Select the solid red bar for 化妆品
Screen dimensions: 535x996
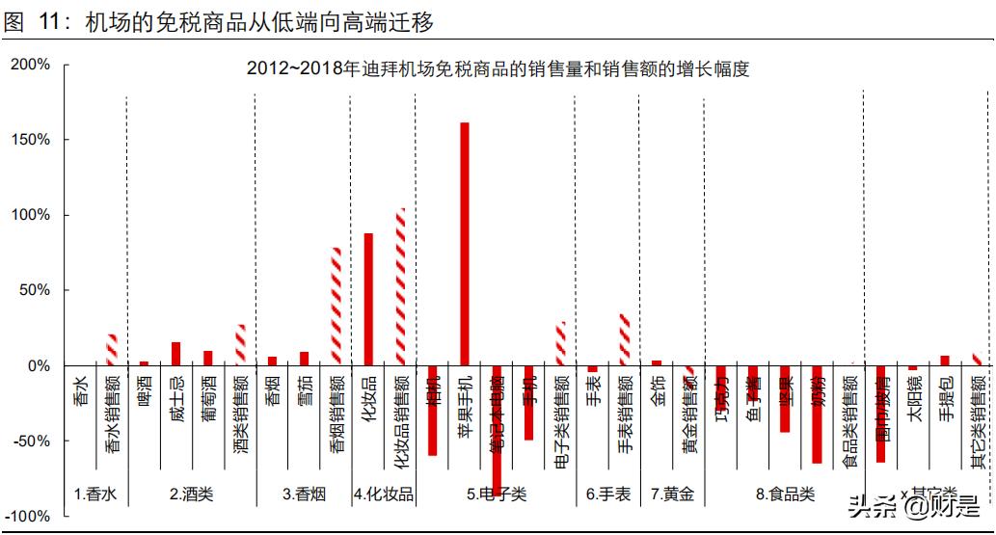click(368, 299)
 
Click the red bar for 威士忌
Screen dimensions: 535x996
click(175, 354)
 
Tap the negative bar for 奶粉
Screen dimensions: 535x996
click(817, 415)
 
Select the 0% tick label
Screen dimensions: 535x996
click(37, 366)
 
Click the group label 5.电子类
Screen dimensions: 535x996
click(497, 495)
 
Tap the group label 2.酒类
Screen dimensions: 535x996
click(191, 495)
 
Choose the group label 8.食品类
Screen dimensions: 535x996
click(785, 495)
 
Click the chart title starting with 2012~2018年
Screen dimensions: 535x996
click(498, 69)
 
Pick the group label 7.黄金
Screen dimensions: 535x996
click(672, 495)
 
